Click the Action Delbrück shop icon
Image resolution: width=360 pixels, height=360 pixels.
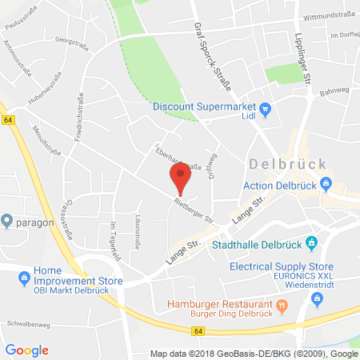click(326, 185)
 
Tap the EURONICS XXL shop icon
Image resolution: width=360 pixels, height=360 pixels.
click(317, 299)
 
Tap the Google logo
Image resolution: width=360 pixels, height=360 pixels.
click(26, 350)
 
